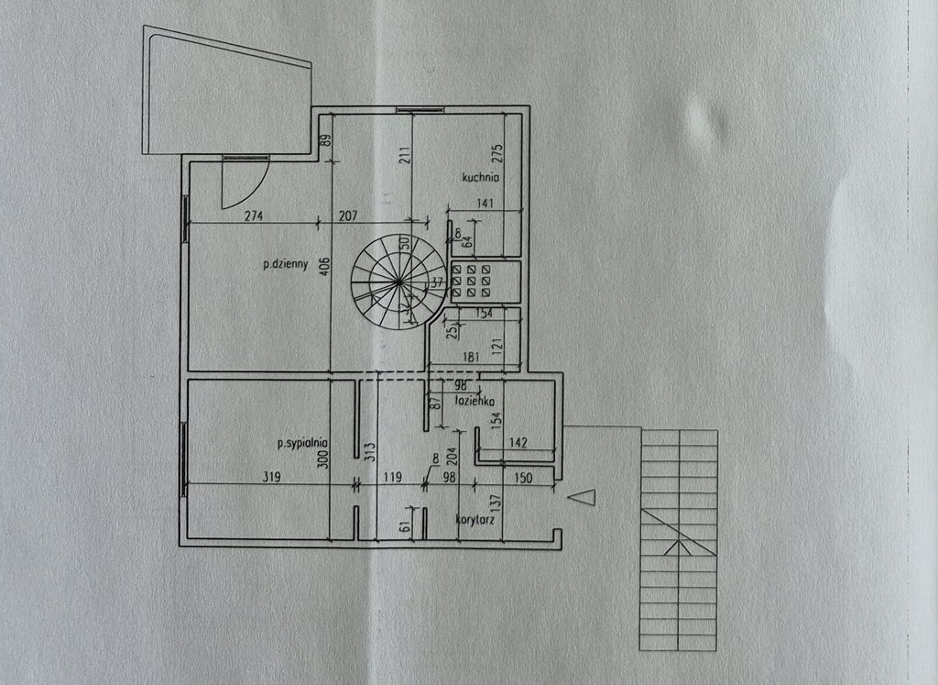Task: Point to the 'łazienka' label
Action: [x=475, y=401]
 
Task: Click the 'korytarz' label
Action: [x=475, y=520]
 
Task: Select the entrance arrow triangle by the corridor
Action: [x=581, y=497]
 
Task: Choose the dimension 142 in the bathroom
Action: [x=518, y=442]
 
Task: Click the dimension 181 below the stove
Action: [x=472, y=358]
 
